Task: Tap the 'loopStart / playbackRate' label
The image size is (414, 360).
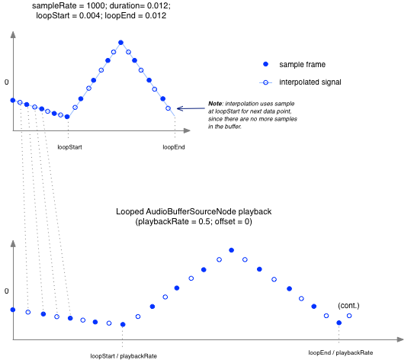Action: [x=124, y=355]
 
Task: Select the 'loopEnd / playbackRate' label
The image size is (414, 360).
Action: [x=340, y=352]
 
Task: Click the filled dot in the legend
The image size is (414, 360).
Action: [x=265, y=64]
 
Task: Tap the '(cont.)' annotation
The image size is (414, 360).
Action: [x=349, y=306]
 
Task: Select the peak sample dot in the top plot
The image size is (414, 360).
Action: [x=120, y=43]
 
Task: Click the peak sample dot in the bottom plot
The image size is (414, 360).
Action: [x=231, y=250]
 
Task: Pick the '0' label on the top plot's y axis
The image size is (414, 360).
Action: [x=6, y=82]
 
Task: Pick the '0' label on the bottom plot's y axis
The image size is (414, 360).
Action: [x=6, y=291]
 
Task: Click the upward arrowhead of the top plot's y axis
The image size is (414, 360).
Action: [x=13, y=36]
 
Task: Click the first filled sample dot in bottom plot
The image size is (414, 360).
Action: [x=13, y=309]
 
